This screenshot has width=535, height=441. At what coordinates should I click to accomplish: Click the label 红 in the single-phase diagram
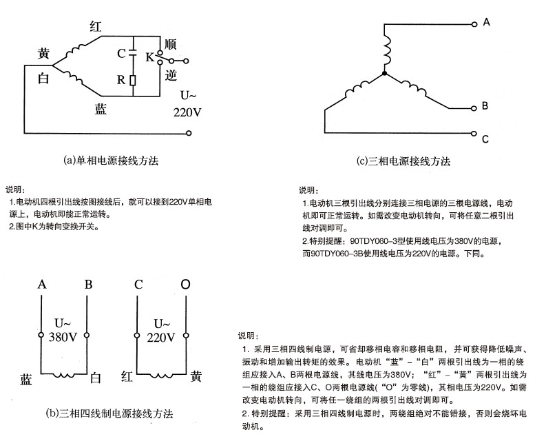point(96,27)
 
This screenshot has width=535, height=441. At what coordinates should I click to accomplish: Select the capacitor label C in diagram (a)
point(121,53)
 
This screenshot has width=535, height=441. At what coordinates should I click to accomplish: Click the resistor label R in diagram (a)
point(121,79)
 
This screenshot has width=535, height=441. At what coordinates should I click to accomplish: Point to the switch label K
point(149,58)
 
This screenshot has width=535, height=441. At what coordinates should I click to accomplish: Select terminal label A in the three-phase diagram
point(486,23)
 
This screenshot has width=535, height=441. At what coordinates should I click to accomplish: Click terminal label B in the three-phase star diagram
point(485,106)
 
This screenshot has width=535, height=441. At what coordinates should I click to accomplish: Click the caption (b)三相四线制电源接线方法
point(109,414)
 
